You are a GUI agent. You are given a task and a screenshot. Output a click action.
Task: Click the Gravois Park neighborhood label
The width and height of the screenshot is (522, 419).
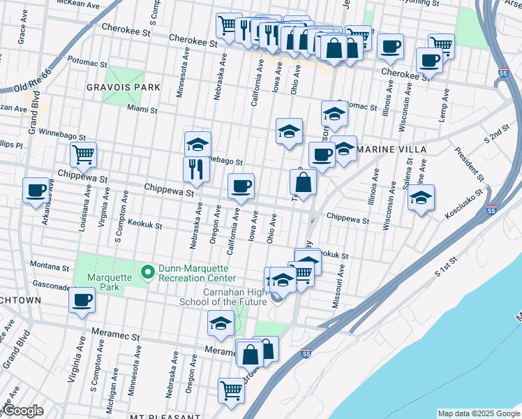(x=124, y=87)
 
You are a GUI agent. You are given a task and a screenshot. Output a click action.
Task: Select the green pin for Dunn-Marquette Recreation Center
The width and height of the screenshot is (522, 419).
(x=147, y=271)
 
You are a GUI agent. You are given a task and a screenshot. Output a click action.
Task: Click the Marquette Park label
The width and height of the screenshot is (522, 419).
(x=105, y=277)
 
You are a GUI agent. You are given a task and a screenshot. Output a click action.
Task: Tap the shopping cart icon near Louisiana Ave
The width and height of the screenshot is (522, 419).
(x=83, y=155)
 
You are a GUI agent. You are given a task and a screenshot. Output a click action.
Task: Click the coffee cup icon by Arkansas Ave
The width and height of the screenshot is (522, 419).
(x=36, y=190)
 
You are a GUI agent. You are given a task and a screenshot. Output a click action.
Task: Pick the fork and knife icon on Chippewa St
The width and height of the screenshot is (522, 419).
(x=196, y=169)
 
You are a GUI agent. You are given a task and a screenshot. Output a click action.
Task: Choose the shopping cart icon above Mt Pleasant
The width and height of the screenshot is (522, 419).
(x=231, y=390)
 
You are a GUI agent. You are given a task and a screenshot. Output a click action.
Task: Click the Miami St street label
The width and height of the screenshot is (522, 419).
(x=143, y=108)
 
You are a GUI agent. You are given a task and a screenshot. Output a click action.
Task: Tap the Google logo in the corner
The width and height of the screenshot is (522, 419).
(x=22, y=411)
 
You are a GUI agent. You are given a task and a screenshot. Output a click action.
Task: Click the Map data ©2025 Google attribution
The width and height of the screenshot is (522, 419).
(x=478, y=413)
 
